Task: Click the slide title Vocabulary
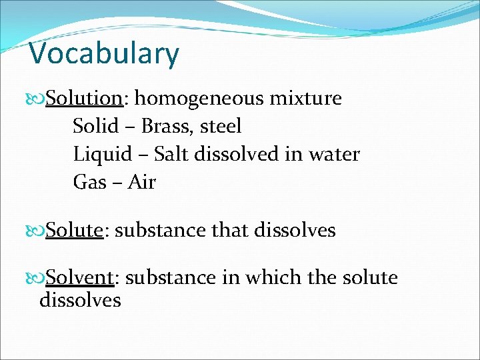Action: pyautogui.click(x=104, y=53)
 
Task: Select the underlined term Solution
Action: pyautogui.click(x=83, y=99)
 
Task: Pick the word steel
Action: pyautogui.click(x=221, y=126)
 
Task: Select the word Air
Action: pyautogui.click(x=141, y=182)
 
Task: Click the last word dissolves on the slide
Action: pyautogui.click(x=80, y=300)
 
